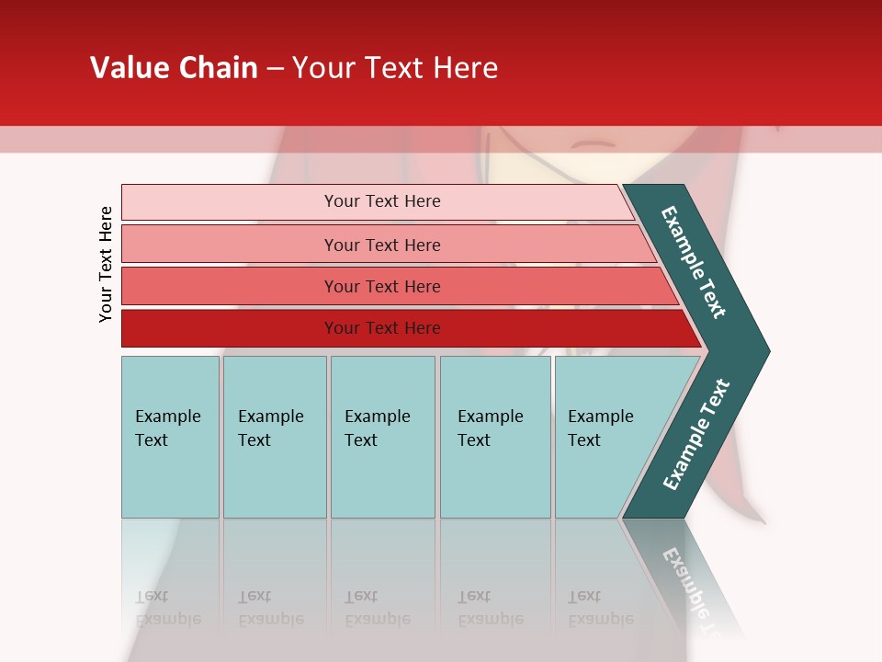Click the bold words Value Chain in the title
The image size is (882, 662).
[174, 68]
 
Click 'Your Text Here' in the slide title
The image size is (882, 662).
[395, 68]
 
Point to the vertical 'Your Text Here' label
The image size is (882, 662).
[106, 264]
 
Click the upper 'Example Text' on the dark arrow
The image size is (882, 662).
[694, 262]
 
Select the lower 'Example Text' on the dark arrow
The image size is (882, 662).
[696, 435]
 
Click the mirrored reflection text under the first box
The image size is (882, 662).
[168, 608]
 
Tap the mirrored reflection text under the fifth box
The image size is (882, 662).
[601, 608]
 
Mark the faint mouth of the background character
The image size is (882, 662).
[594, 144]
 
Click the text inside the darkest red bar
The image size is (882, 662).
[382, 328]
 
